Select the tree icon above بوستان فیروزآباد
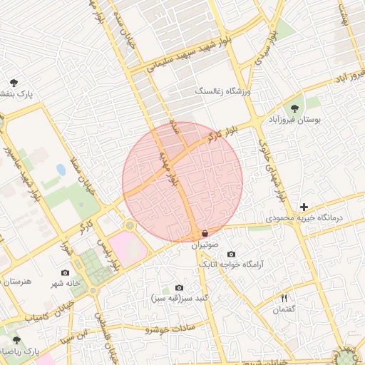click(x=294, y=108)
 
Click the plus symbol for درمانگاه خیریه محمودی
click(x=304, y=206)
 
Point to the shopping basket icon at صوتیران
click(x=205, y=233)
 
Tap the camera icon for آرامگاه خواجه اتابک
click(x=231, y=255)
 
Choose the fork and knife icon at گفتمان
click(x=284, y=298)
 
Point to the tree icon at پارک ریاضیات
click(x=16, y=341)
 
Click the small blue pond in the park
click(x=61, y=170)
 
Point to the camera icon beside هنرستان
click(x=65, y=272)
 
